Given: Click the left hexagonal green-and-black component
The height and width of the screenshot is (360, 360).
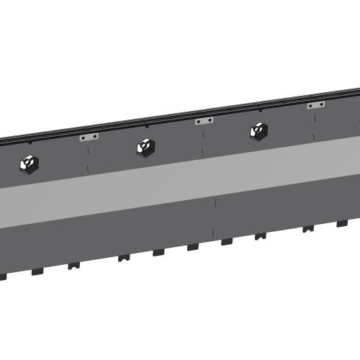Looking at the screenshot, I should coord(29,165).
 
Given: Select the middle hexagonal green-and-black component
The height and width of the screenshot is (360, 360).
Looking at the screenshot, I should coord(144,148).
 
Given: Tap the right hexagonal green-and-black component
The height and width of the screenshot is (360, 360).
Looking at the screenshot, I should coord(258,130).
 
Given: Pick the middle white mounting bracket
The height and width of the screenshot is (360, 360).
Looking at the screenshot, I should coord(204,121).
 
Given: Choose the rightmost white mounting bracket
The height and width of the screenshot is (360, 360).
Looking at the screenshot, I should coord(315,105).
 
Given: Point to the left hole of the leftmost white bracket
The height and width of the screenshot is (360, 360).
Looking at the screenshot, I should coord(84,138).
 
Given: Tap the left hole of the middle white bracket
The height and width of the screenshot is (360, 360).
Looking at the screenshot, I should coord(199,122).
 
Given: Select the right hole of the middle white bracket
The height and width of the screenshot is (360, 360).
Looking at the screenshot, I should coord(209,120).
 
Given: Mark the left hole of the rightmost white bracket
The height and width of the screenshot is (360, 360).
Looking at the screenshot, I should coord(311,106).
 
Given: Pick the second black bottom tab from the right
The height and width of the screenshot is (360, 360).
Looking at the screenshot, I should coord(308,229).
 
